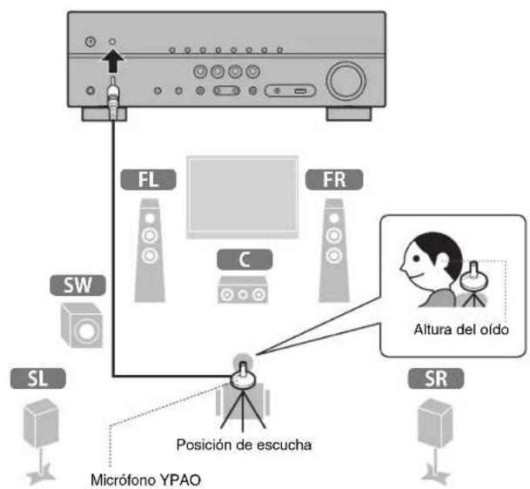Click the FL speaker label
tap(149, 180)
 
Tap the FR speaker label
tap(332, 180)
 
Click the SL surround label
tap(37, 378)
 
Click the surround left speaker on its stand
tap(39, 435)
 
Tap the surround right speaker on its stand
tap(435, 435)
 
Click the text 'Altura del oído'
tap(455, 330)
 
